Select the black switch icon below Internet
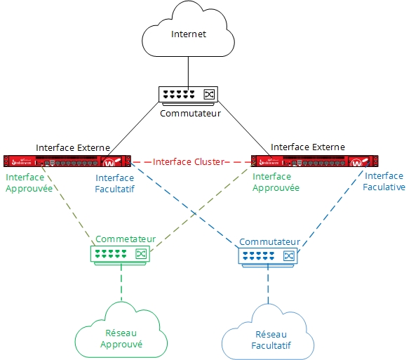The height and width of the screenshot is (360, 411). (x=188, y=94)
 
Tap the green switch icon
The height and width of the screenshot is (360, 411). (x=121, y=253)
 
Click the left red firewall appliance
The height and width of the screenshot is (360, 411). (x=68, y=162)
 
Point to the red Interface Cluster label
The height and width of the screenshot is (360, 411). (x=189, y=162)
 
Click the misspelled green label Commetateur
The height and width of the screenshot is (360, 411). (x=126, y=239)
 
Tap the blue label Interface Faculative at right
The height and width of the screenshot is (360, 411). (x=384, y=182)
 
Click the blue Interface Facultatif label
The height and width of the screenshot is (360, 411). (x=114, y=183)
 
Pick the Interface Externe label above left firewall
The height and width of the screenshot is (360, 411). (x=73, y=147)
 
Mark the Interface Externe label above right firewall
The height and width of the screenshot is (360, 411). (x=307, y=147)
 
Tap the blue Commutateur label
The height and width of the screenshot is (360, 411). (x=270, y=241)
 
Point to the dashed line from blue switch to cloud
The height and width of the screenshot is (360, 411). (x=267, y=284)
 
